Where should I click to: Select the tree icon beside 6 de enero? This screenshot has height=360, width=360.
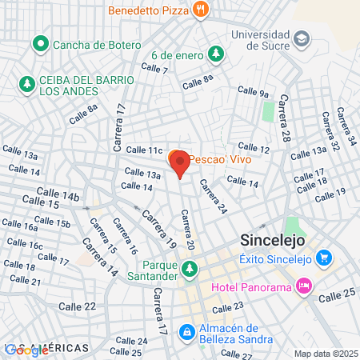215,54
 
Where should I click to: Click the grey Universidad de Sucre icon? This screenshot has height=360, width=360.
301,38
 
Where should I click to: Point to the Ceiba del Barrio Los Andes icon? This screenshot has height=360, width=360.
27,82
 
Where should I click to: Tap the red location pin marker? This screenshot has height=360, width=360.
180,164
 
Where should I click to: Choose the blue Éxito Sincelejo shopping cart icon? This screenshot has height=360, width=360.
323,258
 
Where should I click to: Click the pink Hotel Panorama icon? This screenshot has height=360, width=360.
303,286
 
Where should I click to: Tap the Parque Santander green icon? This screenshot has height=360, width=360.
190,271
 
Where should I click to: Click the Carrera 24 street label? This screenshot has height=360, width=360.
214,197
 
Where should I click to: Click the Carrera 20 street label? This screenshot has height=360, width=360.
187,230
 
